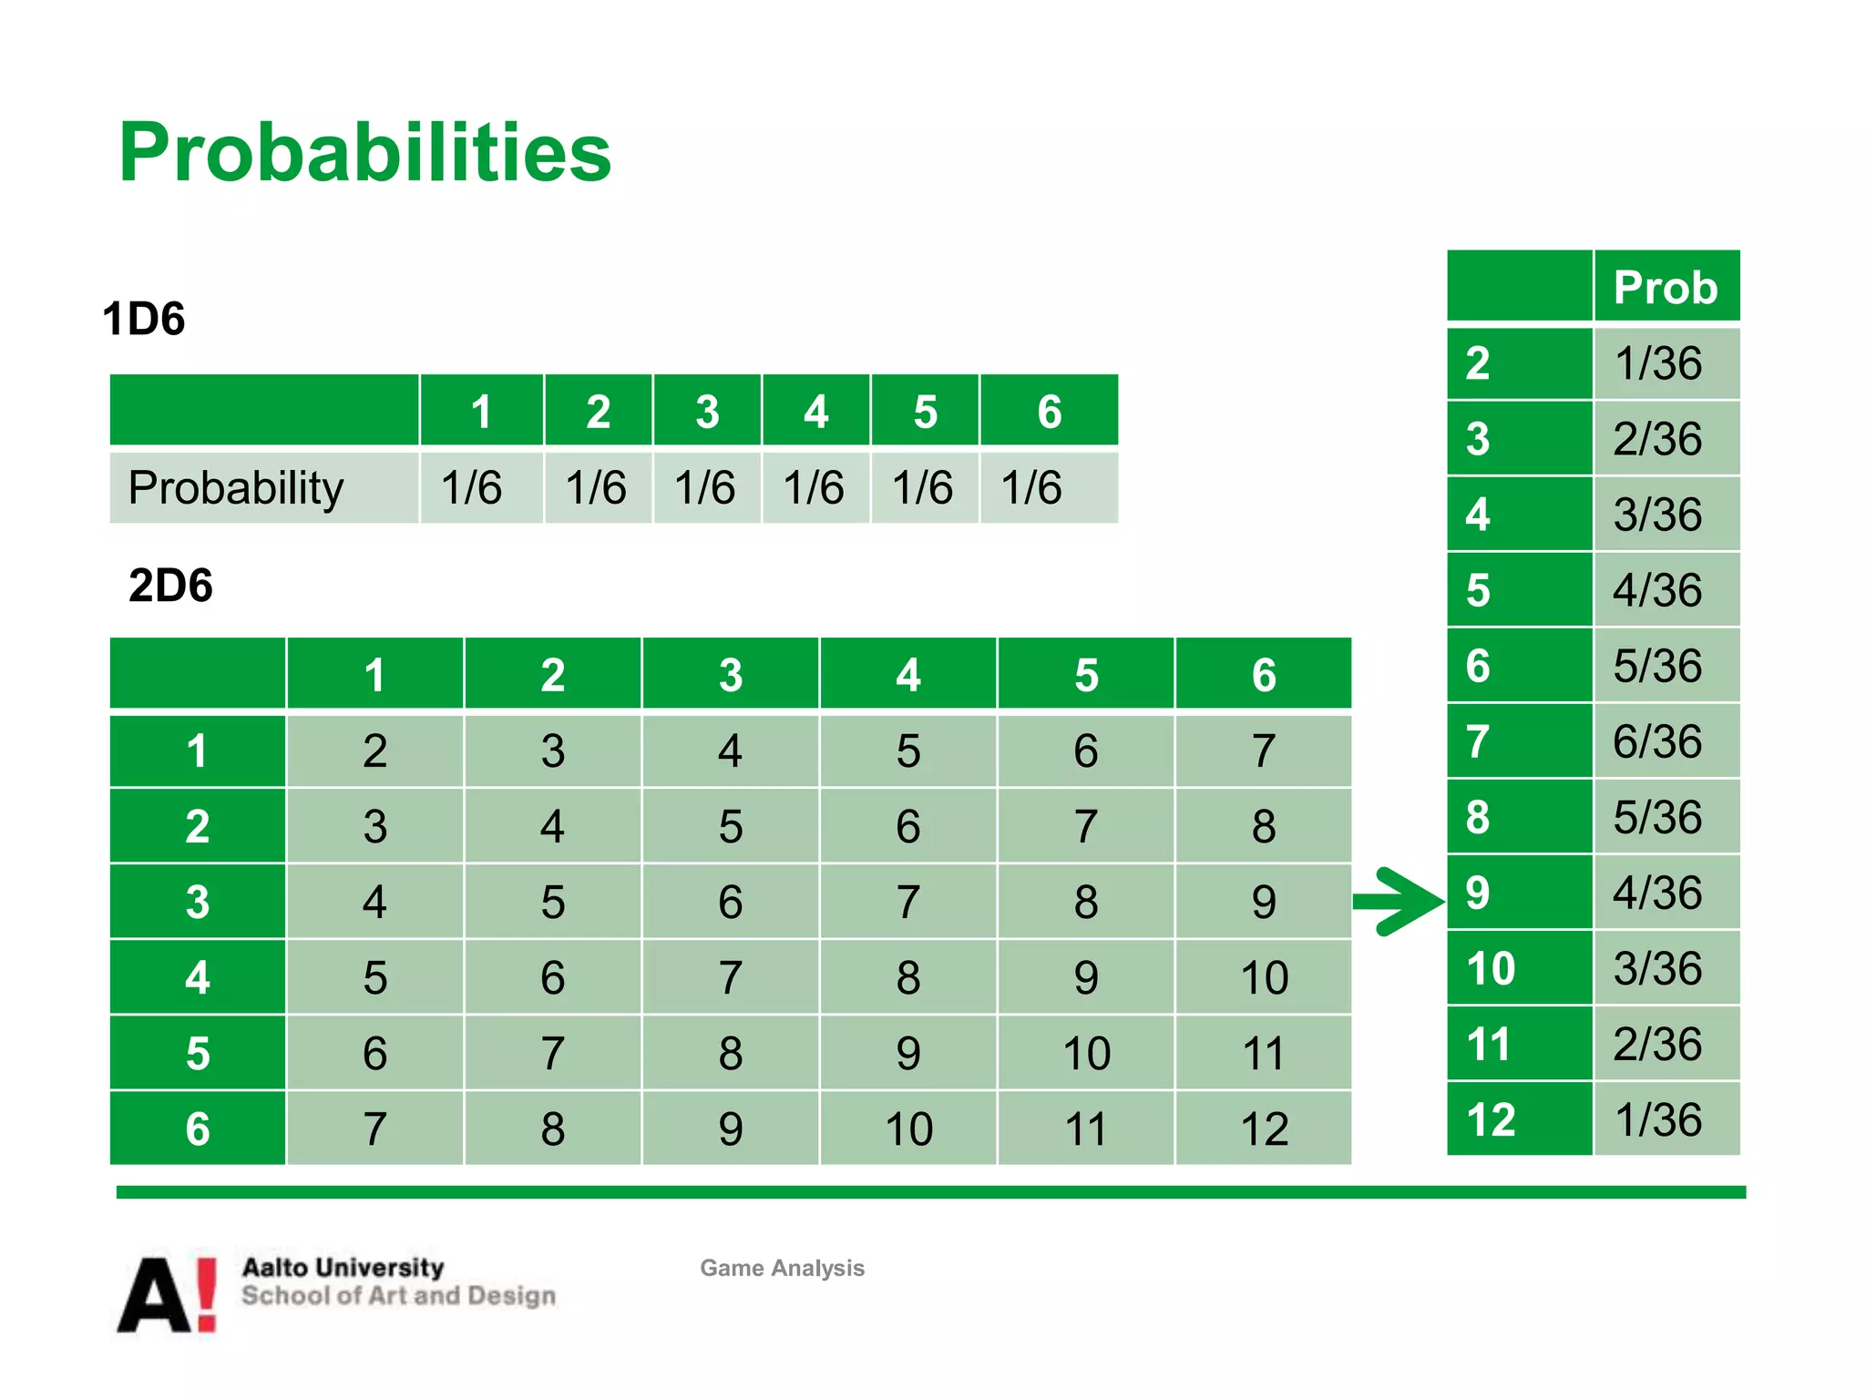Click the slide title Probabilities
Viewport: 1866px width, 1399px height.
pyautogui.click(x=364, y=152)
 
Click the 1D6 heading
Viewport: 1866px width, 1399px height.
pyautogui.click(x=144, y=319)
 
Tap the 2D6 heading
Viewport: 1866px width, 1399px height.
pyautogui.click(x=170, y=585)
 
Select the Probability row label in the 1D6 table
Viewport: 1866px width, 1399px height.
pyautogui.click(x=236, y=487)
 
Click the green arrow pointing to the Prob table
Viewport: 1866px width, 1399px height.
pyautogui.click(x=1399, y=901)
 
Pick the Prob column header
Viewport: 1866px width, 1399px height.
pyautogui.click(x=1665, y=287)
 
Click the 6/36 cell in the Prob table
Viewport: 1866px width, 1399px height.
pyautogui.click(x=1657, y=741)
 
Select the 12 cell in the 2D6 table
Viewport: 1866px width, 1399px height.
pyautogui.click(x=1263, y=1128)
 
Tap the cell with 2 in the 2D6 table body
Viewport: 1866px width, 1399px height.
pyautogui.click(x=374, y=751)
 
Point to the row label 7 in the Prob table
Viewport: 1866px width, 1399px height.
pyautogui.click(x=1479, y=741)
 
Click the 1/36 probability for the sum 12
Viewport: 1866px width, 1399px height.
pyautogui.click(x=1657, y=1119)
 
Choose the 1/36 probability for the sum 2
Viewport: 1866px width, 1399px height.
pyautogui.click(x=1657, y=363)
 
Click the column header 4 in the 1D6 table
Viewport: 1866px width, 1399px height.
pyautogui.click(x=815, y=412)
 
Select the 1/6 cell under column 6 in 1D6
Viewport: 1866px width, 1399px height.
pyautogui.click(x=1031, y=487)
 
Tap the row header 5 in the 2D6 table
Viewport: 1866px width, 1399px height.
pyautogui.click(x=198, y=1053)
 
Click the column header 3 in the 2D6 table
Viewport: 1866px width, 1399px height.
pyautogui.click(x=730, y=675)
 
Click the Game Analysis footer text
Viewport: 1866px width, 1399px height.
pyautogui.click(x=782, y=1268)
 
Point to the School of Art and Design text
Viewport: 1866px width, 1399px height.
pyautogui.click(x=398, y=1296)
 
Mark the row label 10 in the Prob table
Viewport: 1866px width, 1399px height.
pyautogui.click(x=1491, y=968)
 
